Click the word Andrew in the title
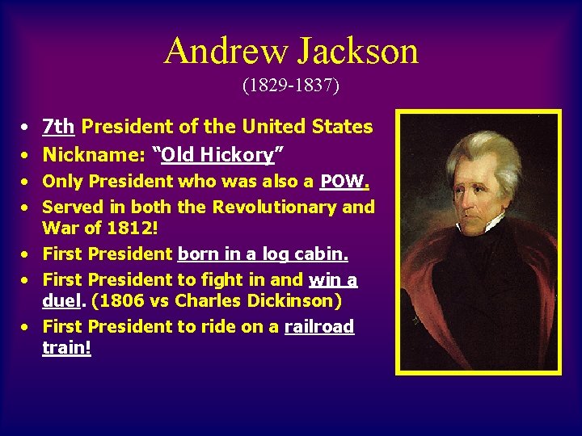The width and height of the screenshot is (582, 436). point(225,52)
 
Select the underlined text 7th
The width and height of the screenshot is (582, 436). point(58,127)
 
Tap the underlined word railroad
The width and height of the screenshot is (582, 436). point(319,326)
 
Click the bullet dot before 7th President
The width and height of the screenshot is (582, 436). point(27,128)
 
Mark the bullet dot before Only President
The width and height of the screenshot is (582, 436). point(27,182)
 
